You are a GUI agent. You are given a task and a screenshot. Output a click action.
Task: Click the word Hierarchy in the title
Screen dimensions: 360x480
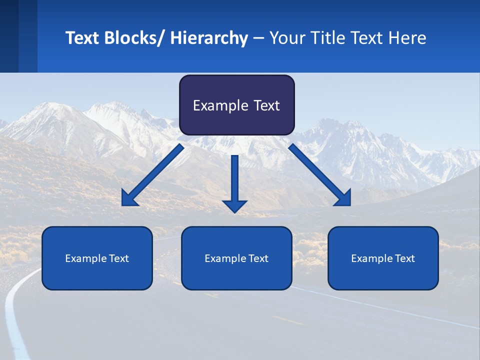[209, 38]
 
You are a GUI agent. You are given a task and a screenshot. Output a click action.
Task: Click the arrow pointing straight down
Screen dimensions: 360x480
[234, 180]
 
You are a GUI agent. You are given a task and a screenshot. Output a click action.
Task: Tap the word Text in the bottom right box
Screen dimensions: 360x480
[404, 258]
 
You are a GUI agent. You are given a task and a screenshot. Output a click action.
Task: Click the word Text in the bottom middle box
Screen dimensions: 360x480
[258, 258]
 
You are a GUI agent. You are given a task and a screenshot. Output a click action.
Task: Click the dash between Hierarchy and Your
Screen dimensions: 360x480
[258, 38]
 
